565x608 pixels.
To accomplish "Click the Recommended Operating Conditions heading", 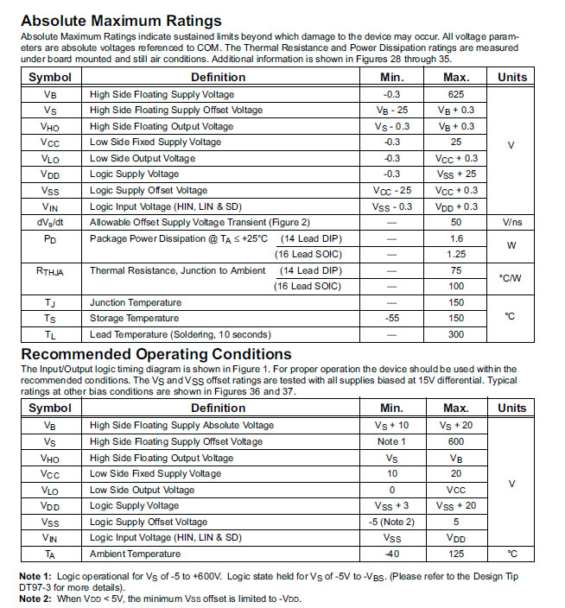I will click(x=156, y=354).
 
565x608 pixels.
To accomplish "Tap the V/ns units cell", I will click(x=511, y=222).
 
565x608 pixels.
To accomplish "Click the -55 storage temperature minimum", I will click(x=392, y=318).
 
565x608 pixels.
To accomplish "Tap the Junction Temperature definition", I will click(x=136, y=302).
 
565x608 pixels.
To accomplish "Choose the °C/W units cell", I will click(x=511, y=278).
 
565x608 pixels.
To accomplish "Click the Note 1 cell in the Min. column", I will click(x=392, y=441).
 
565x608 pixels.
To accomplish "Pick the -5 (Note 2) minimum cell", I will click(x=392, y=521).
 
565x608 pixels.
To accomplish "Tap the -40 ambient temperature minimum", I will click(x=392, y=553).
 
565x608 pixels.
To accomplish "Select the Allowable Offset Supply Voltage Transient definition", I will click(x=200, y=222).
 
